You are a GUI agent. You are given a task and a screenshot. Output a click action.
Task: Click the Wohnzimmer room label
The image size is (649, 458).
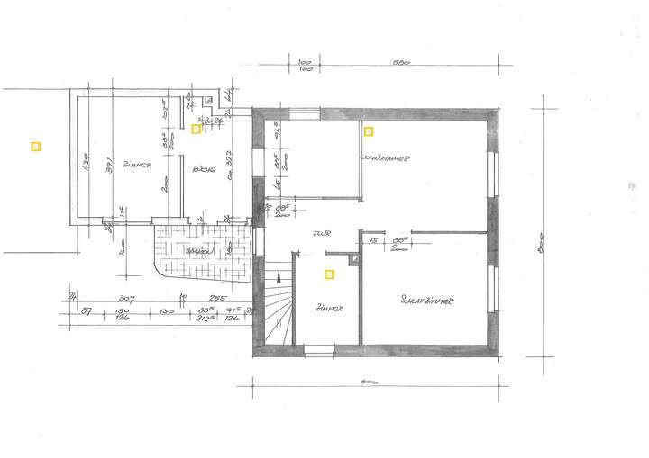click(385, 158)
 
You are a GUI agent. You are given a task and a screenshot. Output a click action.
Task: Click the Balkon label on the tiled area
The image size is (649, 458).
click(197, 250)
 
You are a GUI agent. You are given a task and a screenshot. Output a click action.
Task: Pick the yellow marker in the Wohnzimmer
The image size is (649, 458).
click(368, 130)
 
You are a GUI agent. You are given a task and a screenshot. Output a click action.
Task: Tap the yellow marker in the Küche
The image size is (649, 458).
click(197, 129)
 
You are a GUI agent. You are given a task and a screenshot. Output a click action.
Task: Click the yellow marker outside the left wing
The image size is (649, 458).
click(36, 144)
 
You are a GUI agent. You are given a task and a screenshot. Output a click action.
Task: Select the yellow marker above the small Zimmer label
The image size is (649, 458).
click(329, 272)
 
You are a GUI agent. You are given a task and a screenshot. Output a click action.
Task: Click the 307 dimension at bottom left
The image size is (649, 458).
click(126, 297)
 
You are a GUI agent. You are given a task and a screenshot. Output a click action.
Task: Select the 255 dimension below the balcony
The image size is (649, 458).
click(216, 297)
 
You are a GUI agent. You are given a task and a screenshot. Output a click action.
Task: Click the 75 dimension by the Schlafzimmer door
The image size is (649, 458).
click(371, 241)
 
